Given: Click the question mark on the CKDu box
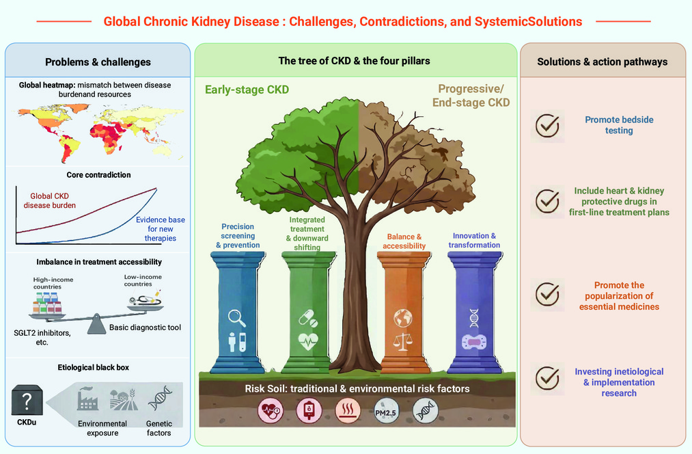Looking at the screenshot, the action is (x=27, y=401).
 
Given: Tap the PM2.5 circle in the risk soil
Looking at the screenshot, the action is (x=386, y=412).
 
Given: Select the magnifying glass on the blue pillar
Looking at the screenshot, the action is (x=236, y=318).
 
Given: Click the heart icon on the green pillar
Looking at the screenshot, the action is (x=308, y=341).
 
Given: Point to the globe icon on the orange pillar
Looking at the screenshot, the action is (x=403, y=318).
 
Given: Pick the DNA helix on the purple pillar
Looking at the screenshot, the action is (x=474, y=318).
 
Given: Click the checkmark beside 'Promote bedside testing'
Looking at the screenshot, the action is (x=547, y=126).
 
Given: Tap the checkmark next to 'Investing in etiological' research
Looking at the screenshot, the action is (x=547, y=379).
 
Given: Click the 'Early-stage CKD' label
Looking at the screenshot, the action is (x=247, y=90).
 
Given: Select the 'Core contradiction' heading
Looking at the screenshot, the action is (x=98, y=175).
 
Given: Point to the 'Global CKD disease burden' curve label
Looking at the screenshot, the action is (x=49, y=200).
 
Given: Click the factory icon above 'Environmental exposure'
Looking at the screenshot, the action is (x=87, y=399).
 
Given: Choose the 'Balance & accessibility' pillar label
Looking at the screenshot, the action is (x=404, y=241).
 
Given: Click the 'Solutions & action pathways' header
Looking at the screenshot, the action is (x=602, y=62).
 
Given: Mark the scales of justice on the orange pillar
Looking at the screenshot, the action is (x=403, y=341).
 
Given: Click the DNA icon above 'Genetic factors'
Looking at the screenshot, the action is (x=159, y=398).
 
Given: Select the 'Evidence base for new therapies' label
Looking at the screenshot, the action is (x=161, y=229).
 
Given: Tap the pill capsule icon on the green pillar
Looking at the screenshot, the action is (x=308, y=318).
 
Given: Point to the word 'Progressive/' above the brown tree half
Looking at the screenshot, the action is (x=471, y=89).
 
